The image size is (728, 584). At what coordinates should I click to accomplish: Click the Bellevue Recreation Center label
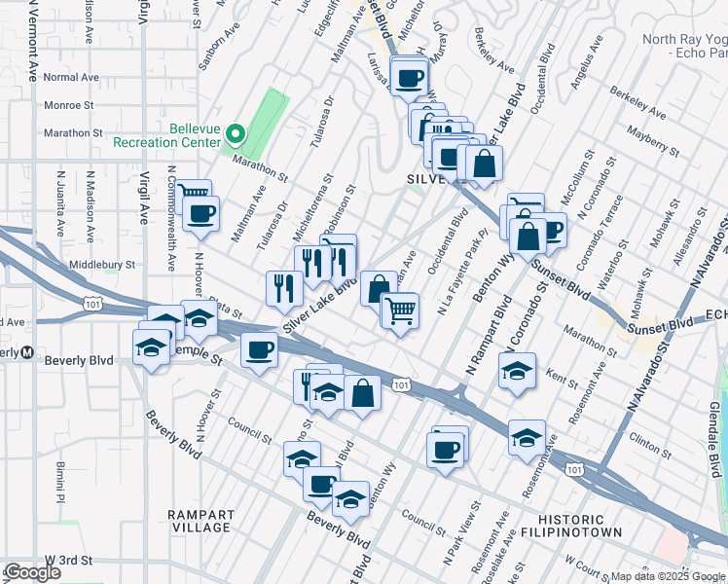167,135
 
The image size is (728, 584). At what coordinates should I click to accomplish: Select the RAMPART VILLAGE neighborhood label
199,521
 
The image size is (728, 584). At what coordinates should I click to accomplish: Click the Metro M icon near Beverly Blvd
27,351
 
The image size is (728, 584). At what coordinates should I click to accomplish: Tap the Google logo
32,572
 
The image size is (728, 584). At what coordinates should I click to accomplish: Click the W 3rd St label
69,561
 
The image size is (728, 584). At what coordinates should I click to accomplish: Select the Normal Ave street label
71,77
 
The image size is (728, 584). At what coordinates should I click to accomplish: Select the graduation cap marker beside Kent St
517,371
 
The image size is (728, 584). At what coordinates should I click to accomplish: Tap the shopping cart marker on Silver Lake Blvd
401,311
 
